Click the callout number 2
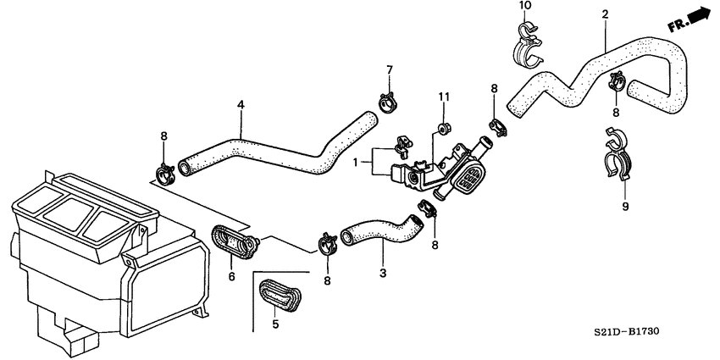coord(605,14)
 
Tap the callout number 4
coord(241,105)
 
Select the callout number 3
coord(382,273)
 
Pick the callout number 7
coord(390,69)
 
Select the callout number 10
coord(524,6)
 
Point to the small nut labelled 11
coord(441,129)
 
